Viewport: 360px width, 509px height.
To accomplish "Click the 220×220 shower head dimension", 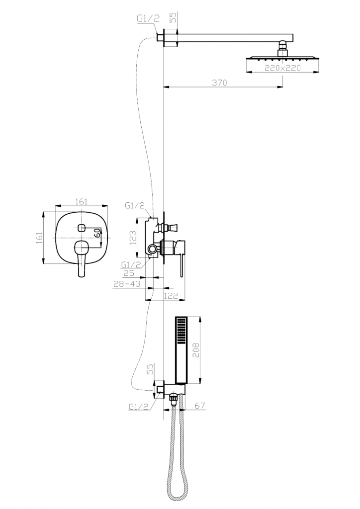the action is [282, 68].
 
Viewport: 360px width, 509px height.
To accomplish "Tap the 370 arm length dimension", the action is [220, 83].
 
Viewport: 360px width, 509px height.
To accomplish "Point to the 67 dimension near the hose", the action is [200, 406].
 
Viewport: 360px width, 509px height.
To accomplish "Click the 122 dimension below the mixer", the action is [171, 296].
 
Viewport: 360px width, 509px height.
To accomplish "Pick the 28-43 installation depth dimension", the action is [127, 284].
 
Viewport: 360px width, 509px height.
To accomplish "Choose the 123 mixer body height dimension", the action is [132, 238].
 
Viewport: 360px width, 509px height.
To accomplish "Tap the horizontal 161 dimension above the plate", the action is [82, 201].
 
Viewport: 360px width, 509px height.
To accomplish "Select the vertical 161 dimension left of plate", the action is [39, 238].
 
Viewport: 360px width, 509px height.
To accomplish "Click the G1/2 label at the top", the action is [148, 19].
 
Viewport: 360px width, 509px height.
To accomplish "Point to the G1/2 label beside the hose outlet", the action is [139, 407].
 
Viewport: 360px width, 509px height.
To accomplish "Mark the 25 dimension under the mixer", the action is [129, 273].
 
